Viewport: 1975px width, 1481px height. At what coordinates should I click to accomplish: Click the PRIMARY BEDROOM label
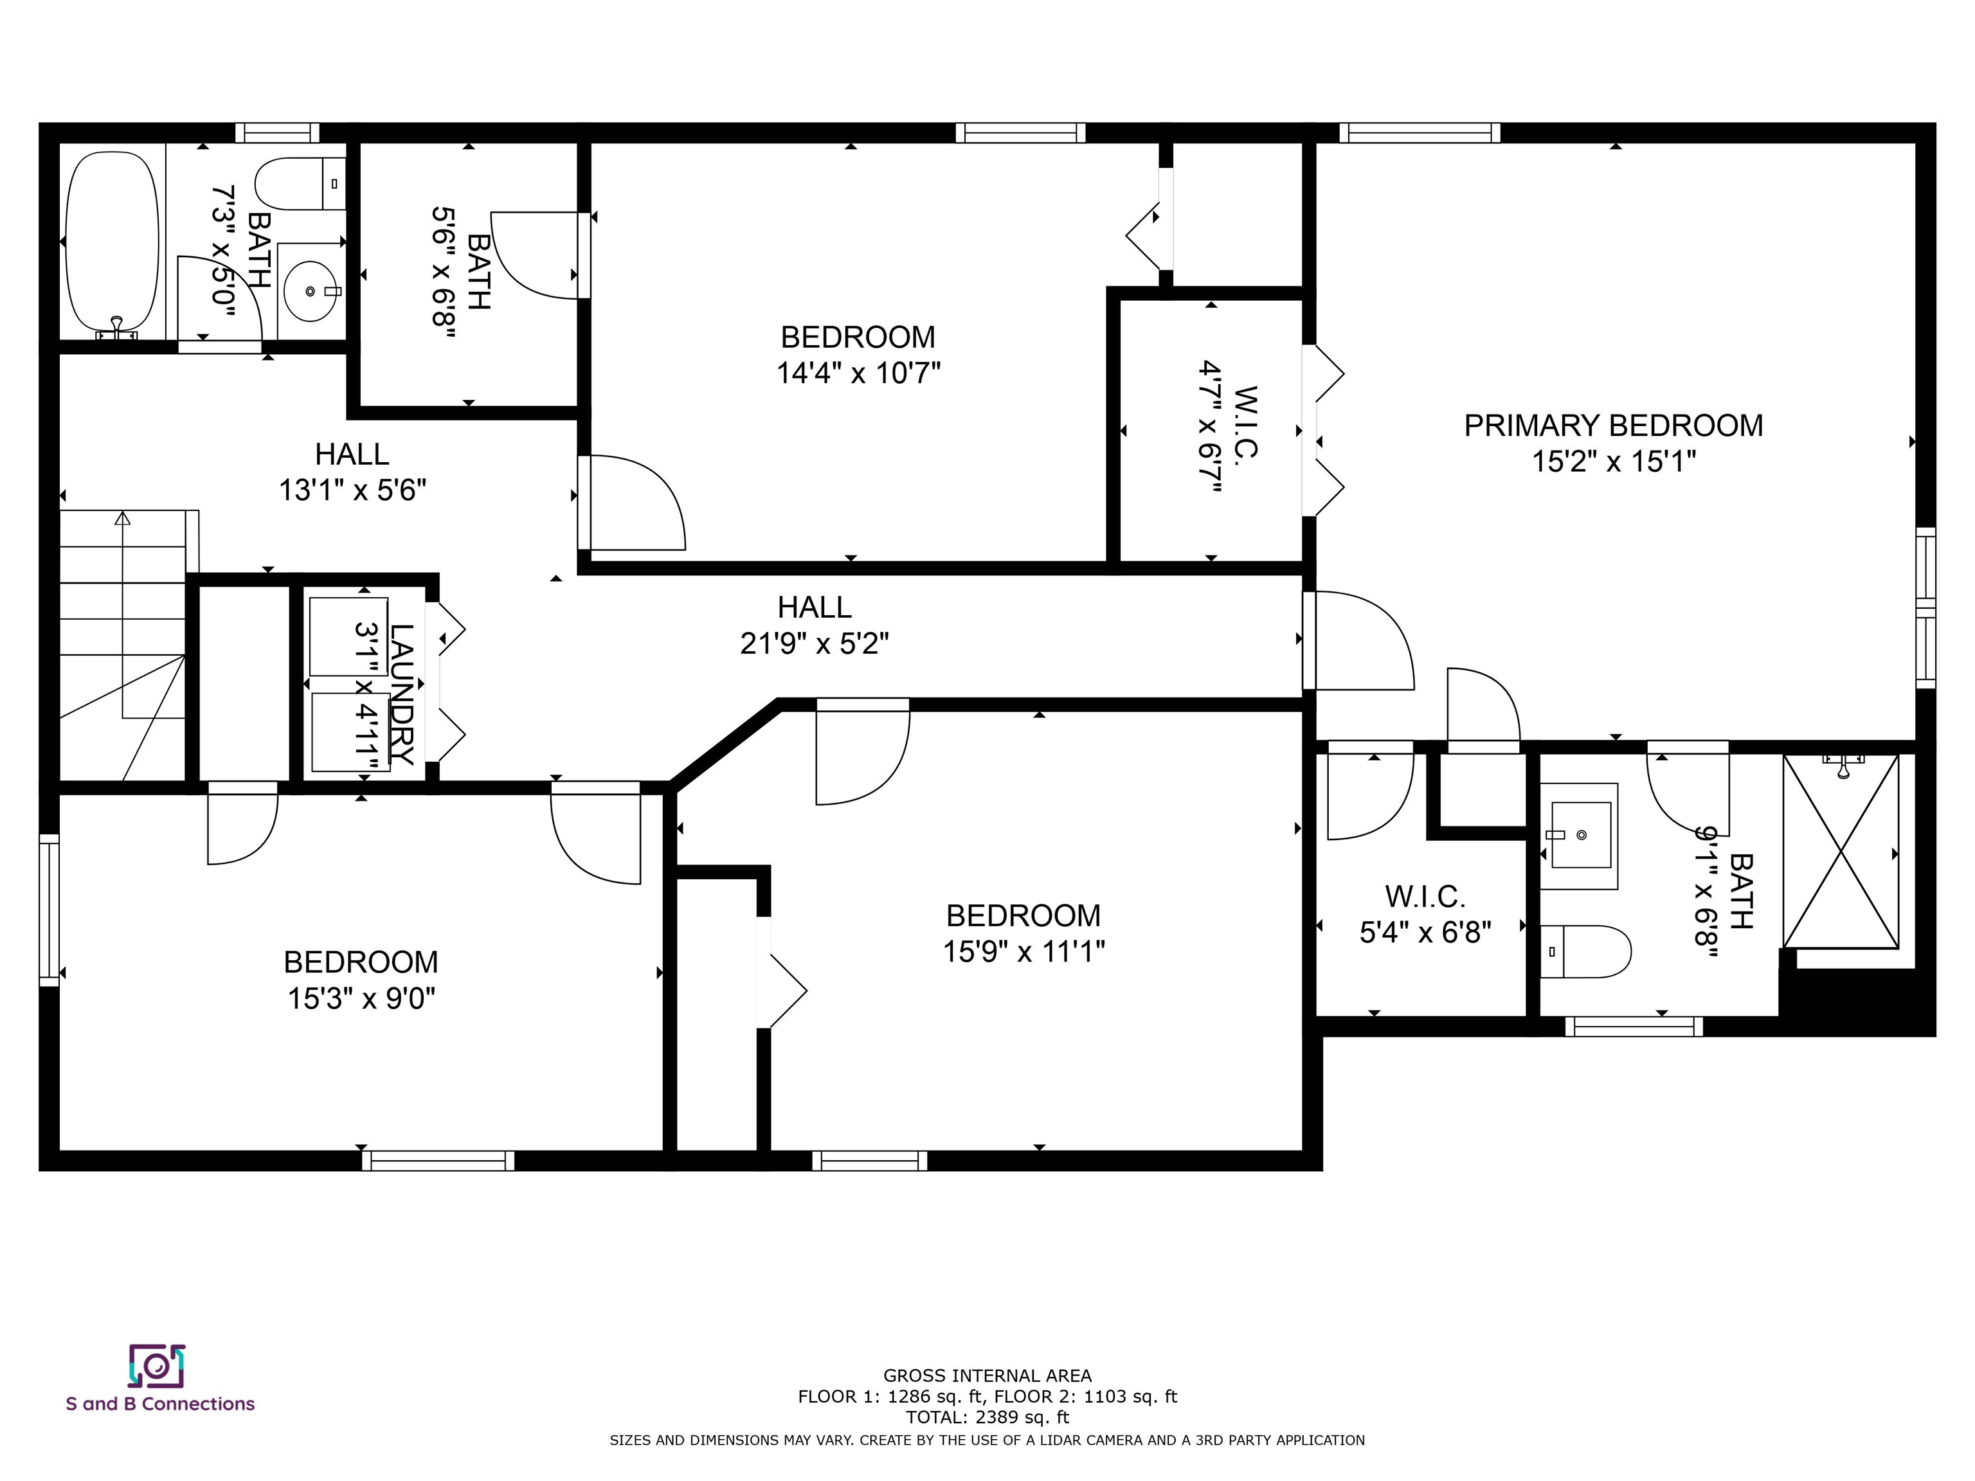coord(1614,426)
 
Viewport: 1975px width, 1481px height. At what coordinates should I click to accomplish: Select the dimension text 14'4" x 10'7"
coord(858,372)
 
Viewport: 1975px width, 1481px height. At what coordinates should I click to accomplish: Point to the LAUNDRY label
coord(402,694)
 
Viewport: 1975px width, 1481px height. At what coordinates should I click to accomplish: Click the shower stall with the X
coord(1841,851)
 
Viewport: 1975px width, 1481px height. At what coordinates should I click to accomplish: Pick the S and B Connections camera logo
coord(157,1367)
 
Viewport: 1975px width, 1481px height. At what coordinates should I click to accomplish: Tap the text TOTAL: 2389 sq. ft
coord(987,1417)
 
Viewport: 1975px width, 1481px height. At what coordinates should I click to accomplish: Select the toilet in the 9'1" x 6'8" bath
coord(1585,951)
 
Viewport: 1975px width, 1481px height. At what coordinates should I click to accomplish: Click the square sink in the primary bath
coord(1580,836)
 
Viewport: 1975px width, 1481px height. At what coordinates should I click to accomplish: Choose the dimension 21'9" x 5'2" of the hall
coord(815,643)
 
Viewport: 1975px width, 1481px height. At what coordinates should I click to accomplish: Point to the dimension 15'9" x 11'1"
coord(1024,951)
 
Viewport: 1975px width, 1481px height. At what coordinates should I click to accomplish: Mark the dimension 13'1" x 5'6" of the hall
coord(353,490)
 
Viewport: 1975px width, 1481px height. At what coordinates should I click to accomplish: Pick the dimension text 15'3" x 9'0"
coord(361,998)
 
